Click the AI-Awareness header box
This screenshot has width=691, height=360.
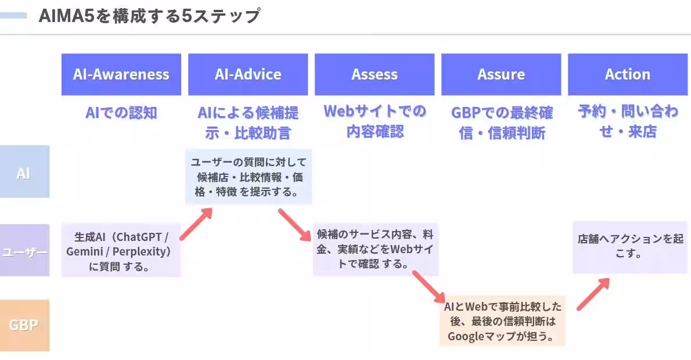click(x=121, y=74)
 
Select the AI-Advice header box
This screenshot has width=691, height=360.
click(x=248, y=74)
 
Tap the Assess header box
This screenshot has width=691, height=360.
click(x=375, y=74)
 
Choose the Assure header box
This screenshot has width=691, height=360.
click(x=501, y=74)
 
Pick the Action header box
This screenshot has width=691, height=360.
click(x=628, y=74)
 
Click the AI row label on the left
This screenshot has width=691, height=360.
click(x=24, y=172)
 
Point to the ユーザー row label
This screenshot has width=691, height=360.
click(x=24, y=251)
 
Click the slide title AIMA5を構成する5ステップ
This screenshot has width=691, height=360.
click(x=149, y=16)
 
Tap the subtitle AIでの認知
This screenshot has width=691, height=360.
click(x=121, y=113)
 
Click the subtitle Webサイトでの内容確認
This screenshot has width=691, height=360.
click(x=375, y=121)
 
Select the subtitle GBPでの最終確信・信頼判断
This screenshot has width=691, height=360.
click(x=502, y=122)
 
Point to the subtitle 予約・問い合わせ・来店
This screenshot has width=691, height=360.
click(x=628, y=121)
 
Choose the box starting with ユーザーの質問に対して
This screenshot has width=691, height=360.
click(x=248, y=177)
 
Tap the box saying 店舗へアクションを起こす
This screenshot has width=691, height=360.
click(x=630, y=247)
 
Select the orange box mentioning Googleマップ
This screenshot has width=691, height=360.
click(x=502, y=321)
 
